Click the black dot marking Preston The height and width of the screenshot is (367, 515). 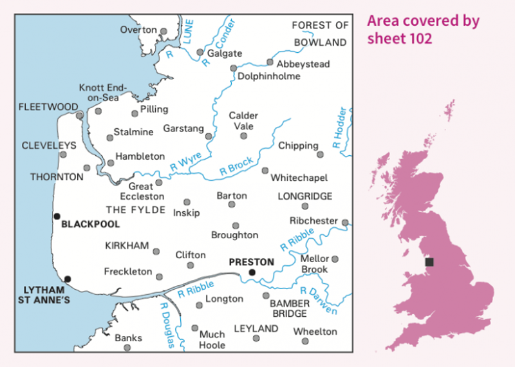pos(252,272)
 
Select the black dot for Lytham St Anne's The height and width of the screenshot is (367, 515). pos(68,279)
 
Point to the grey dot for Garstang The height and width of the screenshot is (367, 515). pos(209,136)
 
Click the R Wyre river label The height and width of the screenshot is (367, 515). pos(186,163)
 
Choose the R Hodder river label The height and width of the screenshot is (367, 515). pos(341,128)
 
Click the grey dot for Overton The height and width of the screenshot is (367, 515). pos(164,31)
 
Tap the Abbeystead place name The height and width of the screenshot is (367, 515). pos(303,64)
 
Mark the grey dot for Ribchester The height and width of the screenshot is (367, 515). pos(345,223)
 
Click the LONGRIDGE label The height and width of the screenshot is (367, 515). pos(305,196)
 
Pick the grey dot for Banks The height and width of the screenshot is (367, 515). pos(127,348)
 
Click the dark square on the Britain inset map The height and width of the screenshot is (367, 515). pos(429,262)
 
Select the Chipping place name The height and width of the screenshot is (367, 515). pos(298,146)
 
